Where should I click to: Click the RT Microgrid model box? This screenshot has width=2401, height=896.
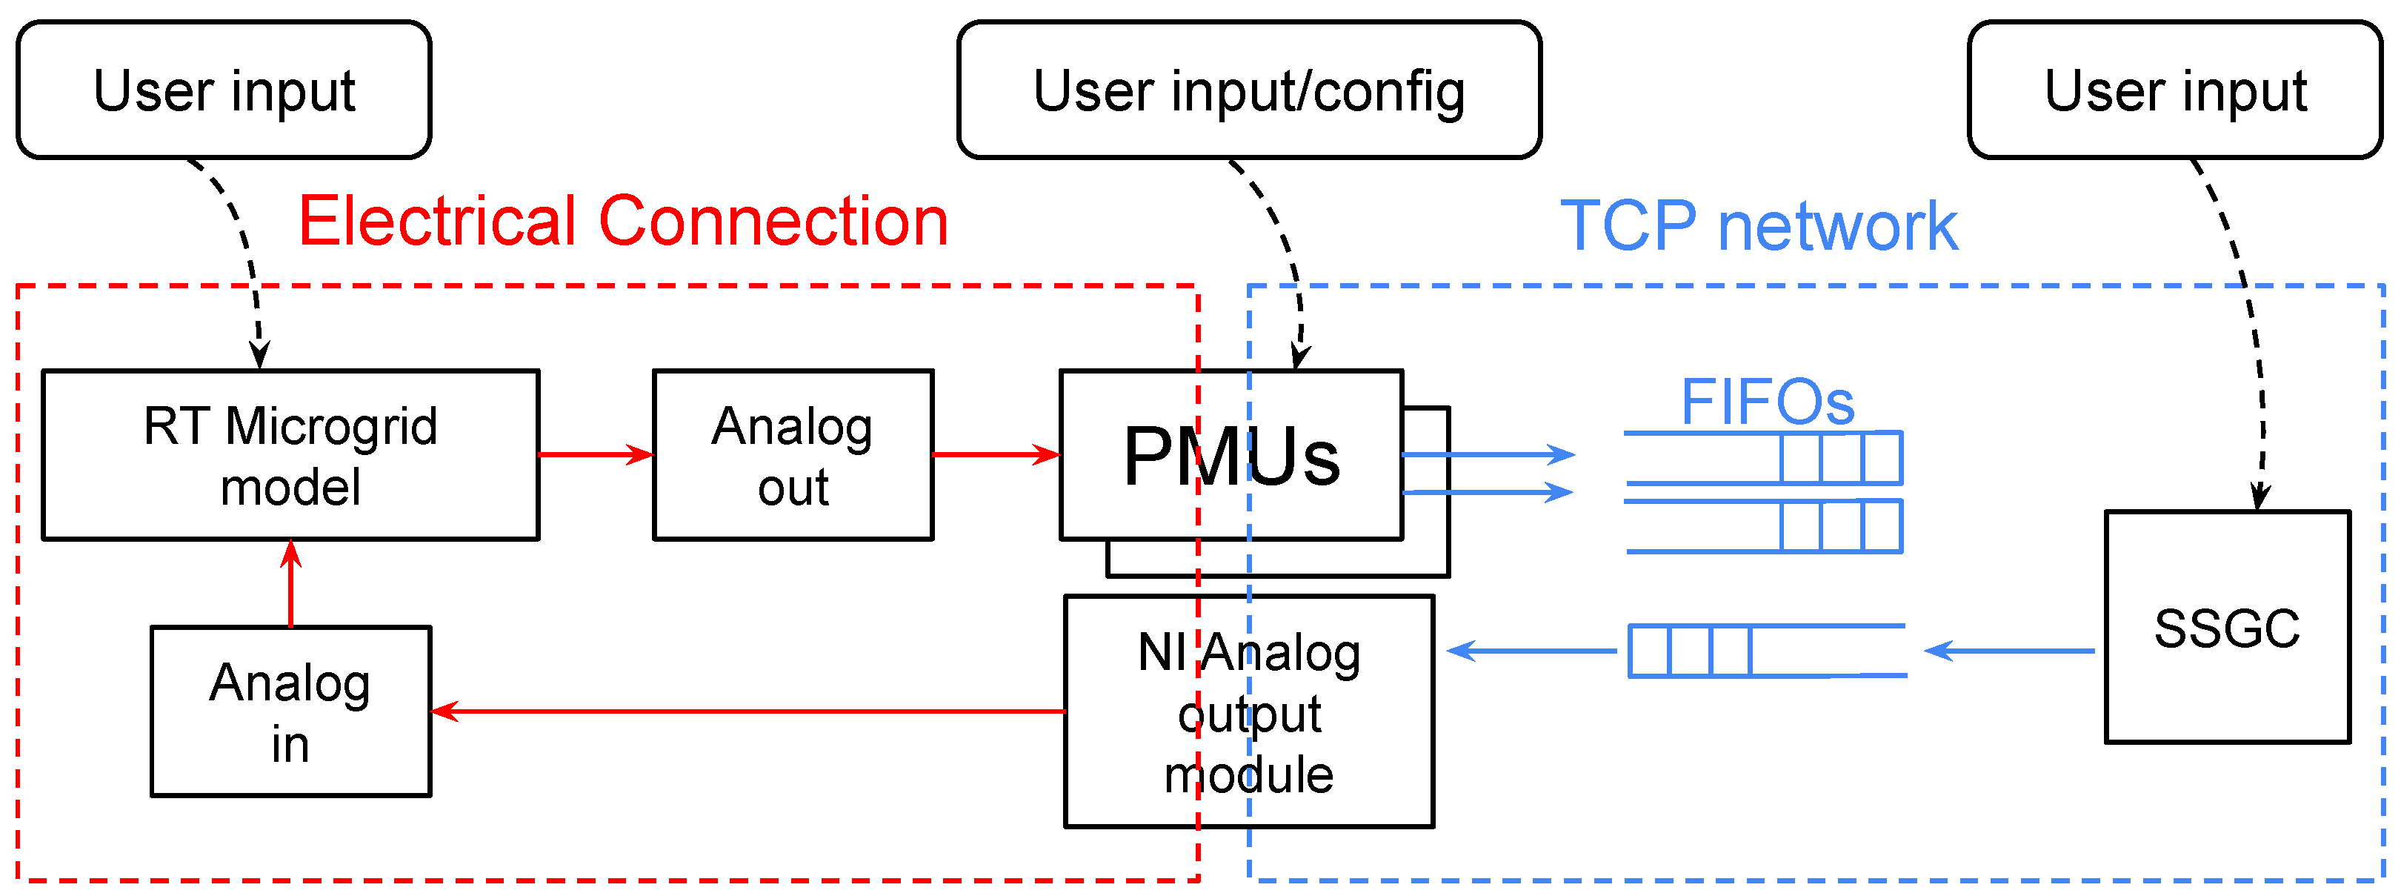point(291,455)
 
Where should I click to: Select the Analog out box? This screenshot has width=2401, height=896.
point(793,455)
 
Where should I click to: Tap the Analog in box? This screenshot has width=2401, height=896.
point(291,711)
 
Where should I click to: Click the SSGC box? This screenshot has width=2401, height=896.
point(2228,626)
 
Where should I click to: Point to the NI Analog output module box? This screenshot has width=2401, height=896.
point(1249,711)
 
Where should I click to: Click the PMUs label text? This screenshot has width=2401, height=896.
point(1232,456)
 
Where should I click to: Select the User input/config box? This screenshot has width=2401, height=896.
point(1249,90)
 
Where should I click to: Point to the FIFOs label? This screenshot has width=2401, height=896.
point(1767,402)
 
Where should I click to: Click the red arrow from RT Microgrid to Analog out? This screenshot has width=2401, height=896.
point(596,455)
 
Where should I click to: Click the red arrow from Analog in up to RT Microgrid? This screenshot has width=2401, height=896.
point(291,584)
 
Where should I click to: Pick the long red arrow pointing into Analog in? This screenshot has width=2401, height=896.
point(748,711)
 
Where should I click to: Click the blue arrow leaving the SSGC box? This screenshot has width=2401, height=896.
point(2010,651)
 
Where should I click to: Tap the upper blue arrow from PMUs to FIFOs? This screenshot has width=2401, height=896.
point(1488,455)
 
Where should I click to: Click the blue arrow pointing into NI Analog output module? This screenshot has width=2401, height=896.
point(1531,651)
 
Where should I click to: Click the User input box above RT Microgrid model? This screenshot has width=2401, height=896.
point(224,90)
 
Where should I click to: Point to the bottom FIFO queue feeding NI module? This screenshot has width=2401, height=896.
point(1767,651)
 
